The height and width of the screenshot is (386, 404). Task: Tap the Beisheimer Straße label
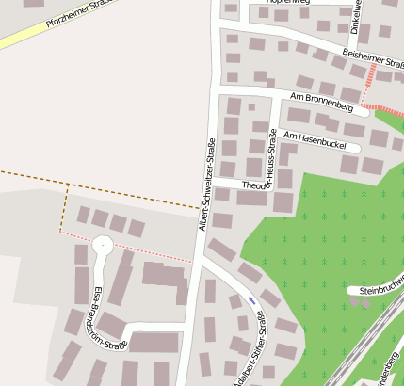(371, 58)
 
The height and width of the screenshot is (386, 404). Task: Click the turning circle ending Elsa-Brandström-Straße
(101, 247)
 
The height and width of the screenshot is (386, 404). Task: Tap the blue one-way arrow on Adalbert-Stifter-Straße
(251, 299)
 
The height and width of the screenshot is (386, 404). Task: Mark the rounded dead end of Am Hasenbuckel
(355, 147)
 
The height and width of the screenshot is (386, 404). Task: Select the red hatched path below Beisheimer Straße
(370, 79)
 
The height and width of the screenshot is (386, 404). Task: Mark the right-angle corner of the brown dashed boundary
(67, 186)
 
